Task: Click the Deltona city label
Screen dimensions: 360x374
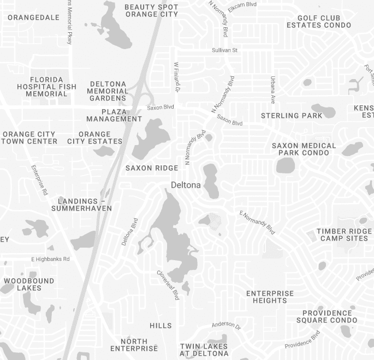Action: pyautogui.click(x=186, y=185)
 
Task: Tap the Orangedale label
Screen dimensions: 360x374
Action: pyautogui.click(x=33, y=17)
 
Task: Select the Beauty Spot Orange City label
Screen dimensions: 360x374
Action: pyautogui.click(x=151, y=10)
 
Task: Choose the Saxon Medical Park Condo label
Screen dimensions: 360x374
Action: pyautogui.click(x=304, y=149)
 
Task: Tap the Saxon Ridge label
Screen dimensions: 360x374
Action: pyautogui.click(x=152, y=168)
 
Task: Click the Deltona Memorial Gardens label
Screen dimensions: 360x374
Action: pyautogui.click(x=108, y=91)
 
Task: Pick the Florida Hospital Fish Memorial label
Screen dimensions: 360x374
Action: pyautogui.click(x=46, y=87)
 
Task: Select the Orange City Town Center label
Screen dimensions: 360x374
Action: pyautogui.click(x=29, y=137)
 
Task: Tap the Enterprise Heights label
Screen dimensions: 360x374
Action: pyautogui.click(x=270, y=297)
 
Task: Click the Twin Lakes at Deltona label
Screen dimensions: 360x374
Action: pyautogui.click(x=204, y=350)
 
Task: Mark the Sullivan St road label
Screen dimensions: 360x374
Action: pyautogui.click(x=225, y=50)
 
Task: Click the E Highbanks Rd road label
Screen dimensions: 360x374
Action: pyautogui.click(x=51, y=259)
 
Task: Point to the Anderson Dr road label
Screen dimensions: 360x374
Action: pyautogui.click(x=226, y=325)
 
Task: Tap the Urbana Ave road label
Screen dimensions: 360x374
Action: pyautogui.click(x=272, y=89)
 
